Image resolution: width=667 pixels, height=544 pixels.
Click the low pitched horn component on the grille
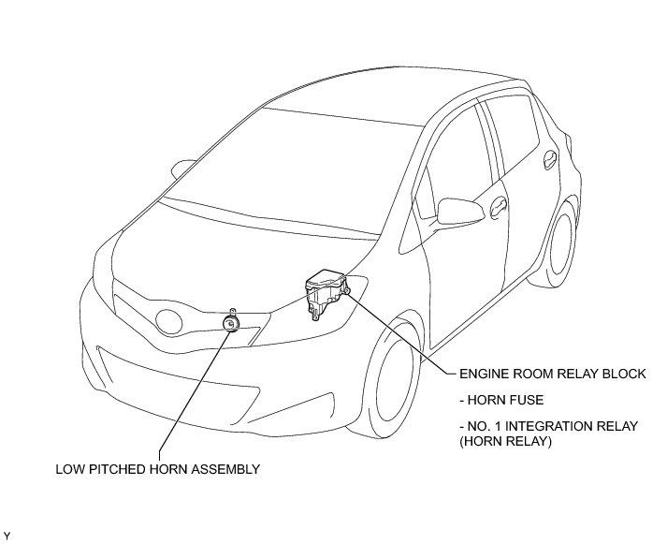coord(230,322)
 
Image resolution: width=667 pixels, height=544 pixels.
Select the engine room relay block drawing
coord(325,291)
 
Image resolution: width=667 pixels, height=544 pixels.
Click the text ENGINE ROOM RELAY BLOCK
coord(552,374)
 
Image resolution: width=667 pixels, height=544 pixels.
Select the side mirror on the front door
coord(456,209)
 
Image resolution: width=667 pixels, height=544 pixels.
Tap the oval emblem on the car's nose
coord(170,322)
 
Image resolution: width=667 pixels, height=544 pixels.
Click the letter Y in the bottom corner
coord(7,536)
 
